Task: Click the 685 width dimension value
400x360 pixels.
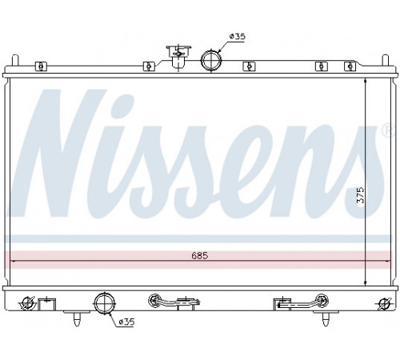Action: [200, 256]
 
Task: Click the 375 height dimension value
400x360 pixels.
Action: [360, 195]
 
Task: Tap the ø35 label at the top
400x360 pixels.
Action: [237, 36]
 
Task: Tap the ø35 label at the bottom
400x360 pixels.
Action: [126, 322]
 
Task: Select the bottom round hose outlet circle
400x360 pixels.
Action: [94, 303]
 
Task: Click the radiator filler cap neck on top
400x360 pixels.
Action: [178, 58]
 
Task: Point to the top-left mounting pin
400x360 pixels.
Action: [15, 61]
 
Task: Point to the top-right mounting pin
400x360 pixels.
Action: [386, 60]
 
